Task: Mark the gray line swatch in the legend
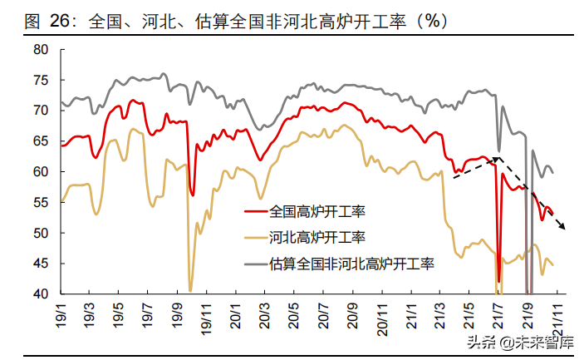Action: [x=256, y=264]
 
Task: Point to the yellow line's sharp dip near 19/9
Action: [x=190, y=290]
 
